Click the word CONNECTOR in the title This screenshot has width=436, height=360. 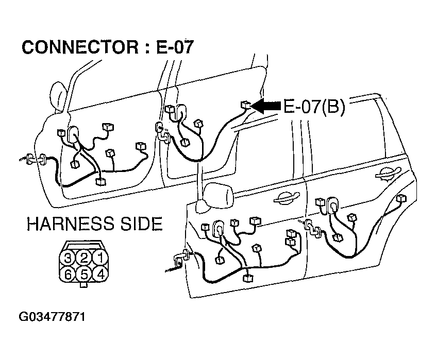(80, 47)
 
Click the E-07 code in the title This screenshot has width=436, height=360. (175, 47)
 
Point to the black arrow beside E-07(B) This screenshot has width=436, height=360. (266, 106)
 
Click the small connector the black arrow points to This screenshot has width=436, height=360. (245, 105)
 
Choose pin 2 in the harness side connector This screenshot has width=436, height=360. (84, 258)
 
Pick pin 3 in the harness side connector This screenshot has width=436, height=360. (68, 258)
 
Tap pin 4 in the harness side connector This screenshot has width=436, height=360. (100, 275)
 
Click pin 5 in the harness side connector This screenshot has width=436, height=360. (84, 275)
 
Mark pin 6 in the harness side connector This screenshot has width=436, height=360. (68, 275)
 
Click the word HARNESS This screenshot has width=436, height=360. (71, 224)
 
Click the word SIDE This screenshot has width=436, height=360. (142, 224)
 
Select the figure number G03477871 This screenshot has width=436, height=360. (52, 317)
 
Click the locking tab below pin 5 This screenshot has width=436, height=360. (83, 285)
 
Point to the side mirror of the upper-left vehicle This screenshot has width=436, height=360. (59, 96)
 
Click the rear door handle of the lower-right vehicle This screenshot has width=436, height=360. (388, 173)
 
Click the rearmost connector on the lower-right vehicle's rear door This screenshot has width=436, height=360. (401, 199)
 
